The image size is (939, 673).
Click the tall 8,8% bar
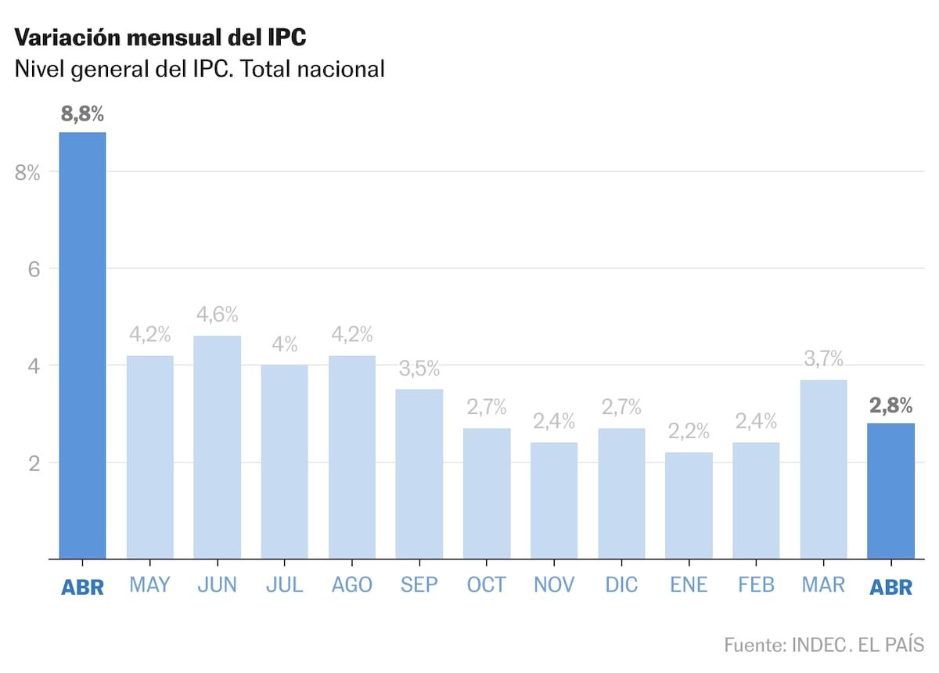(x=82, y=344)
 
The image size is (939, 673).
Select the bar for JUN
(x=217, y=446)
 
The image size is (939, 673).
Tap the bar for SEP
(x=419, y=473)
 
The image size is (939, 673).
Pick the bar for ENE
(x=689, y=505)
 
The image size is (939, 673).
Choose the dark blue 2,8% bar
(x=890, y=491)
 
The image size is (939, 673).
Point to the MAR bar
(x=823, y=470)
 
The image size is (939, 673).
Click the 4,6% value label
(x=217, y=315)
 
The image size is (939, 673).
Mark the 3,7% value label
(x=823, y=359)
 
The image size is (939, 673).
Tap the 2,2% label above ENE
(x=689, y=431)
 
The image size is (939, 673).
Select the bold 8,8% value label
(x=82, y=114)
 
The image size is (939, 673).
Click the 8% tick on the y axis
(x=27, y=173)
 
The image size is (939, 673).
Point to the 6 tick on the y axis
(x=33, y=269)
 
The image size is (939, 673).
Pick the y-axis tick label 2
(x=33, y=463)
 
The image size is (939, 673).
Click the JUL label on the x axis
(x=284, y=585)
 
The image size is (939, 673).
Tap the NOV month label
(x=553, y=585)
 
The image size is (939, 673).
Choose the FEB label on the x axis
(x=757, y=585)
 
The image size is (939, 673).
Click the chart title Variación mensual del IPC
(x=160, y=37)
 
